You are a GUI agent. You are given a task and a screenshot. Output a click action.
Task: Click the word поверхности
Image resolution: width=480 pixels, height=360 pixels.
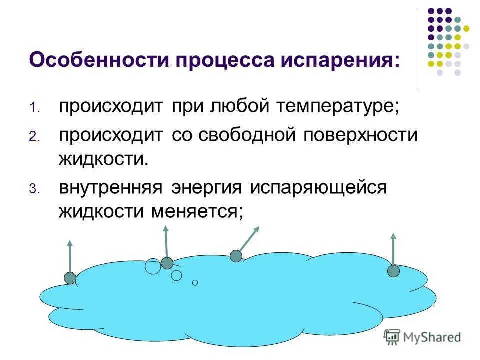360,136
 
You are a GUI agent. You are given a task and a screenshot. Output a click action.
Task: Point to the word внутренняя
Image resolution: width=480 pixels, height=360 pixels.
111,188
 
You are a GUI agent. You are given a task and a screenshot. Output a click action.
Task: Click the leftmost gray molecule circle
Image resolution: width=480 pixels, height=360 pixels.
70,278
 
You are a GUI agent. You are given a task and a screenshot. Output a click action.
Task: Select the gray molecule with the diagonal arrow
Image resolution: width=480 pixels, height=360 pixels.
236,256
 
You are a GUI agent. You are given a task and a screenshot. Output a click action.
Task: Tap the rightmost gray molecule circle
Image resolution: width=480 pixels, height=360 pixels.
394,271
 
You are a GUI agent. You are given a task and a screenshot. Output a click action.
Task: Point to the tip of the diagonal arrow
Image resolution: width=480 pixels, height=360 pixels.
259,227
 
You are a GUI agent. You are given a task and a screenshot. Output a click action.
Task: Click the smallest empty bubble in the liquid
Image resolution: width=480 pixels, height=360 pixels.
195,282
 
